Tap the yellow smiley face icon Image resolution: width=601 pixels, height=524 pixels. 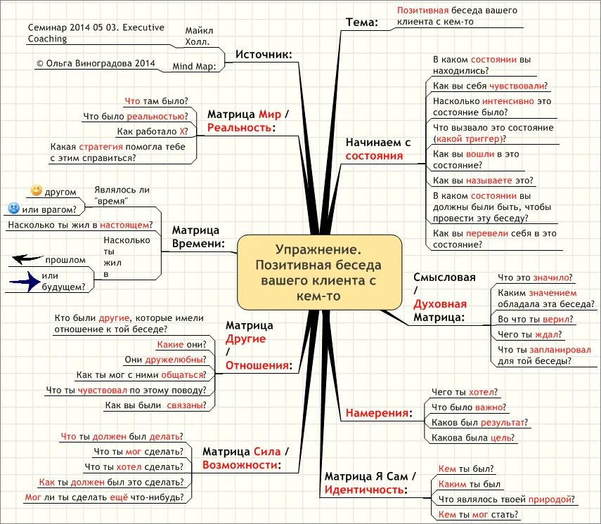[x=37, y=190]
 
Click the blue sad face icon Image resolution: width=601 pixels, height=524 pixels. [x=13, y=209]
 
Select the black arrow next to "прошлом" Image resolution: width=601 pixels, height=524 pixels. [x=27, y=259]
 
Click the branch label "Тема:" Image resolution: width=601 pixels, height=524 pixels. [x=361, y=22]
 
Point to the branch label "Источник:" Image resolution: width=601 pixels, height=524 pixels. [x=264, y=54]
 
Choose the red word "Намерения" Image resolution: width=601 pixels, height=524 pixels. [x=377, y=412]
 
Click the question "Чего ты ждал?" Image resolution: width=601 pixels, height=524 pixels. [x=523, y=334]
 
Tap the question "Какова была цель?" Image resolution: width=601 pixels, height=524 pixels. [x=474, y=438]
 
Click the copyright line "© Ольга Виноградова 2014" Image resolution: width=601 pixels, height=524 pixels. [x=96, y=63]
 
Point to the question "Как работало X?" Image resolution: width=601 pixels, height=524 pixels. [x=153, y=131]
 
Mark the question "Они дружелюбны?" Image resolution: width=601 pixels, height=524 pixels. [x=165, y=360]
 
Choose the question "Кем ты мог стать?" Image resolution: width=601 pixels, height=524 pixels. [x=478, y=514]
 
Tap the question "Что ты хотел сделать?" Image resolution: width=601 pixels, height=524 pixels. [x=134, y=466]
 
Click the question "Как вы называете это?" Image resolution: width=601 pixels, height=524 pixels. [x=483, y=181]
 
